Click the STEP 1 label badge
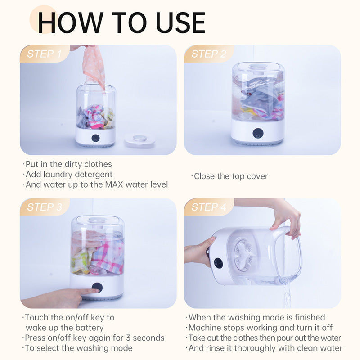coord(44,54)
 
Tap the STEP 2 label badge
coord(208,54)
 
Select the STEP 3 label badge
coord(44,207)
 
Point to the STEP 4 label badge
coord(208,207)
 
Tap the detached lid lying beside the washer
coord(139,140)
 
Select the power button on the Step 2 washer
coord(257,133)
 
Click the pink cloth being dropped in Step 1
coord(94,65)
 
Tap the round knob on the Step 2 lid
coord(258,66)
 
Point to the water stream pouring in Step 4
coord(287,292)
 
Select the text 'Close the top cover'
coord(230,176)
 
